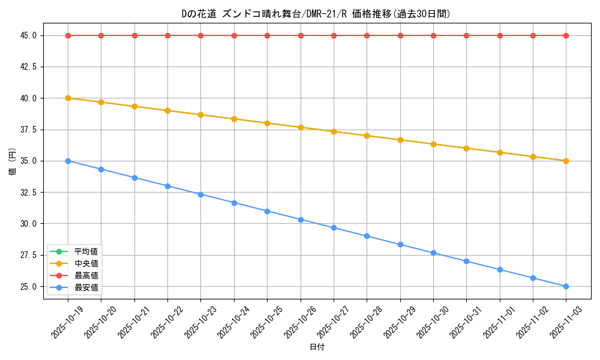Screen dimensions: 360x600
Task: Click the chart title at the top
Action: pyautogui.click(x=316, y=14)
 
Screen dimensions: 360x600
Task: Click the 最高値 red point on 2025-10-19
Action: pyautogui.click(x=68, y=35)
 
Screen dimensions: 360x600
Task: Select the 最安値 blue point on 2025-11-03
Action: pyautogui.click(x=566, y=286)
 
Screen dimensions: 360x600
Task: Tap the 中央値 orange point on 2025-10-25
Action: pyautogui.click(x=267, y=123)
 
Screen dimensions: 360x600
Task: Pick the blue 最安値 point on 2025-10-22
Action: pyautogui.click(x=167, y=186)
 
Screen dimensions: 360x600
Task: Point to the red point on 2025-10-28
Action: pyautogui.click(x=367, y=35)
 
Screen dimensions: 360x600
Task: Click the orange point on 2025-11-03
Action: pyautogui.click(x=566, y=161)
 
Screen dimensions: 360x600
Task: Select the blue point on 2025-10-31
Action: pyautogui.click(x=466, y=261)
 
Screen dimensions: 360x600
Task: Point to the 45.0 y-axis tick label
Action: pyautogui.click(x=28, y=35)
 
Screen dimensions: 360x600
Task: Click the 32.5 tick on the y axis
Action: pyautogui.click(x=28, y=193)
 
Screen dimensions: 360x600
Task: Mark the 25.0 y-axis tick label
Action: pyautogui.click(x=28, y=286)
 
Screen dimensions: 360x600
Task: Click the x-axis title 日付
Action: pyautogui.click(x=317, y=347)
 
